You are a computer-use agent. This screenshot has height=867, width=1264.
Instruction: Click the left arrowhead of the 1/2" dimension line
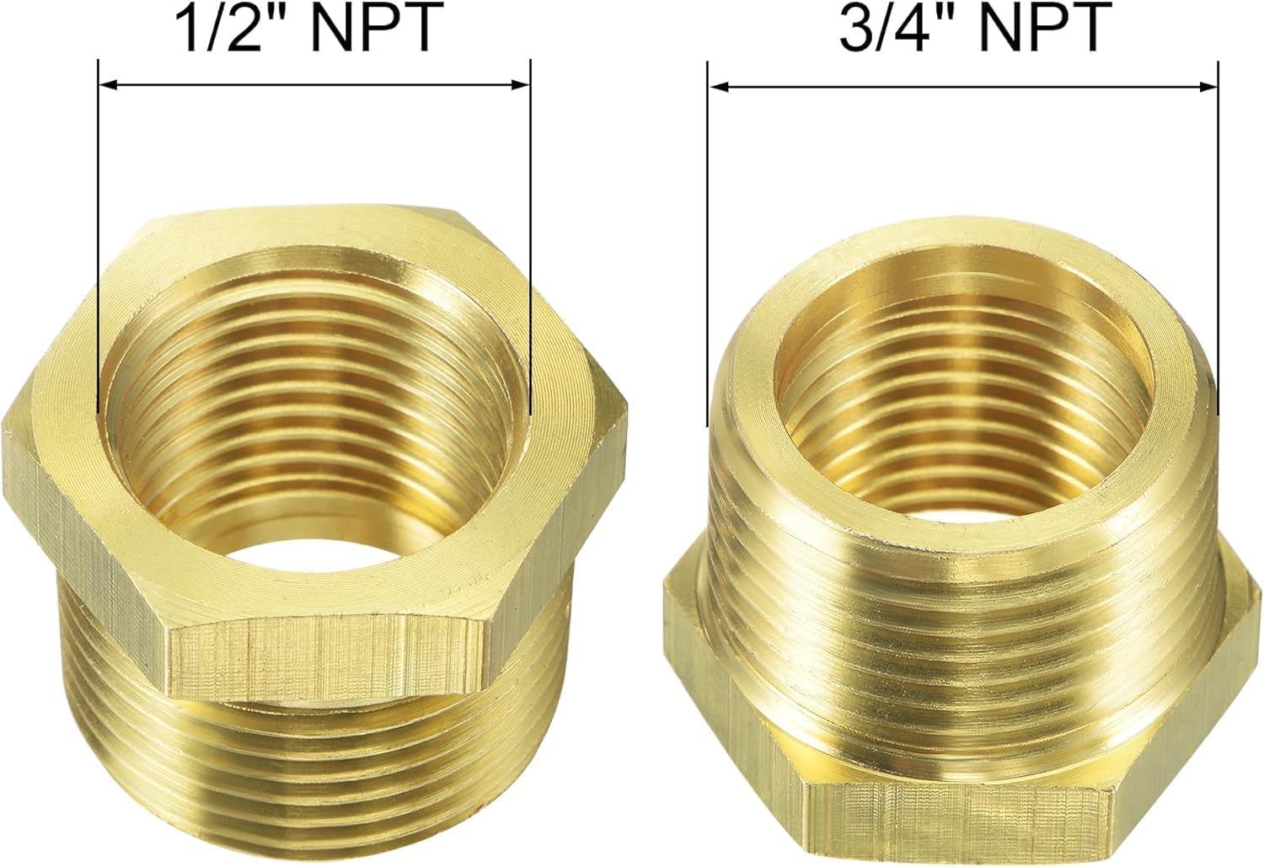(106, 84)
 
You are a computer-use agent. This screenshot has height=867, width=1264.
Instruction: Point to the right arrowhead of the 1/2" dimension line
(522, 84)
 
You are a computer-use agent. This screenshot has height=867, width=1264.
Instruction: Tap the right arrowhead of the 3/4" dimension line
(1210, 86)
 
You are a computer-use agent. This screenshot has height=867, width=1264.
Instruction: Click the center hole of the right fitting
(961, 489)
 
